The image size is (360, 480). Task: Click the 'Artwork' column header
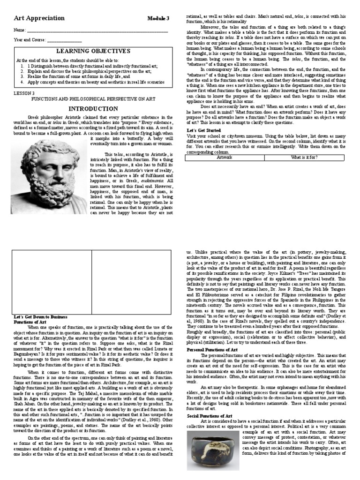click(x=224, y=158)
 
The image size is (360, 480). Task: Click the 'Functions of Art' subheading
click(x=29, y=322)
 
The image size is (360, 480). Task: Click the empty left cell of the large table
click(x=52, y=281)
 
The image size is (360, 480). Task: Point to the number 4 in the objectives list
click(x=22, y=82)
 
